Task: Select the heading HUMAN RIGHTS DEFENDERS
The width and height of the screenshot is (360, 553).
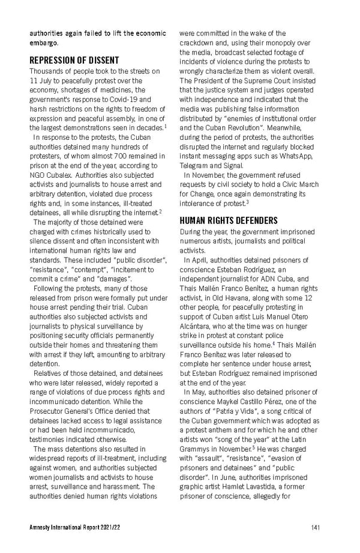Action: tap(229, 220)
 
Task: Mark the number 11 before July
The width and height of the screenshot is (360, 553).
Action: tap(34, 80)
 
